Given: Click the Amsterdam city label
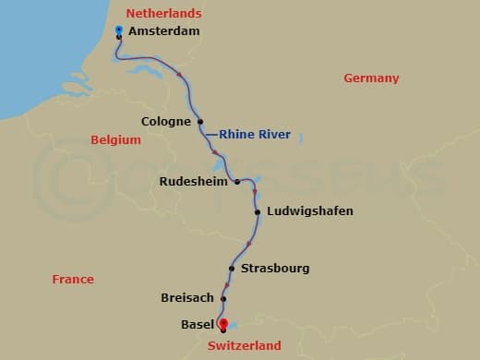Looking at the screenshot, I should tap(163, 31).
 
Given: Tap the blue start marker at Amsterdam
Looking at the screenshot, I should tap(119, 30).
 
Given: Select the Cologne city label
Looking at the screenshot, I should tap(166, 121).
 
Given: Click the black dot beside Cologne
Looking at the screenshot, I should tap(200, 121).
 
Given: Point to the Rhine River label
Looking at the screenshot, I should tap(255, 135).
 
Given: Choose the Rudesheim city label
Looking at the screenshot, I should tap(193, 182).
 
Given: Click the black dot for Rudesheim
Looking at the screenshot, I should tap(237, 182).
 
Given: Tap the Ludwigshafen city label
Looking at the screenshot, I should tap(309, 211).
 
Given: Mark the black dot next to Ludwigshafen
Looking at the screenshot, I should tap(258, 211).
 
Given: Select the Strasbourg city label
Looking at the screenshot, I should tap(275, 269).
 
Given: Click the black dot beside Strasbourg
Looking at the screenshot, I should tap(232, 269).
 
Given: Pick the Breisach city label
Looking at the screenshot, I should tap(186, 298).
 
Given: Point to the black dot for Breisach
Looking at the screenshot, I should tap(222, 298).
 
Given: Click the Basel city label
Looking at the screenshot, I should tap(198, 325).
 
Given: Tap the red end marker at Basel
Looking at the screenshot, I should tap(222, 323).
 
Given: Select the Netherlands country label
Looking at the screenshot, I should tap(163, 14).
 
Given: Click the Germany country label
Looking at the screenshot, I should tap(371, 78).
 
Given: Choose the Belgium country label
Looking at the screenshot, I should tap(115, 140).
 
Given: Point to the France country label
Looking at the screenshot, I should tap(73, 279).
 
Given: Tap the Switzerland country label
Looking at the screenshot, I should tap(244, 346).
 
